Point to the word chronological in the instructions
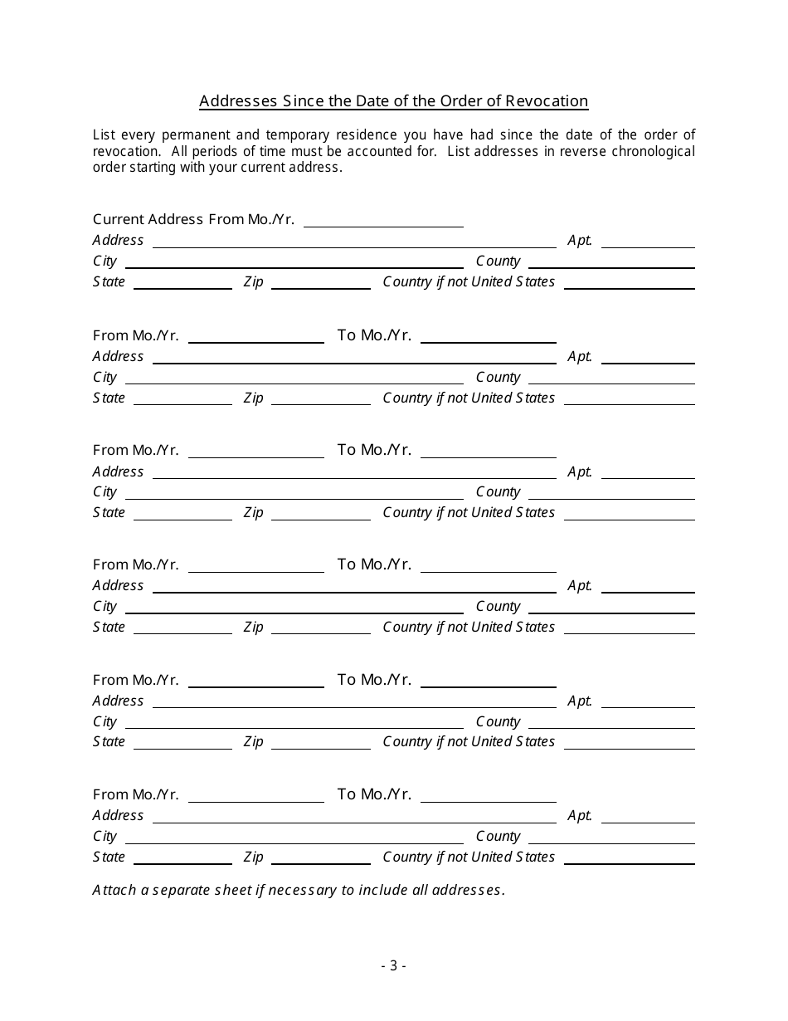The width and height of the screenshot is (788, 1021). click(649, 151)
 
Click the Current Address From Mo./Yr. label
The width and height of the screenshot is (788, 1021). click(193, 220)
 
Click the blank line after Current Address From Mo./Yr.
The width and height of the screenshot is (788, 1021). click(383, 221)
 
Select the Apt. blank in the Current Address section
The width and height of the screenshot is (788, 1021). click(648, 242)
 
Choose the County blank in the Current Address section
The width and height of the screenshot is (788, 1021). click(611, 262)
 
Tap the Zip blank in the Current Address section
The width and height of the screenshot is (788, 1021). click(320, 283)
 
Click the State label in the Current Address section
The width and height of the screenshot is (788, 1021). click(109, 282)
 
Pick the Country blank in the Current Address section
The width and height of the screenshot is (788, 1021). click(629, 283)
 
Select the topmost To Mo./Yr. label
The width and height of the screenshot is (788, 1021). click(374, 335)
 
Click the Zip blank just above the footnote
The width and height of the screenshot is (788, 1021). click(320, 858)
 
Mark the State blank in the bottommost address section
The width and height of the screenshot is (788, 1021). click(182, 858)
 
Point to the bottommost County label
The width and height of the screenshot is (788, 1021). click(498, 837)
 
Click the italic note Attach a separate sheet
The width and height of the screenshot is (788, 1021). click(299, 891)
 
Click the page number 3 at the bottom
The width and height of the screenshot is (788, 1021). click(393, 965)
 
